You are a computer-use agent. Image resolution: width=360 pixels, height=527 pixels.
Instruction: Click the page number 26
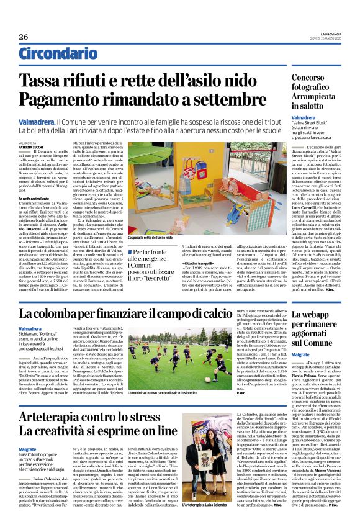tap(24, 37)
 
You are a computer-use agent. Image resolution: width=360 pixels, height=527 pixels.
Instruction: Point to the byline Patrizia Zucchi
tap(30, 146)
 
